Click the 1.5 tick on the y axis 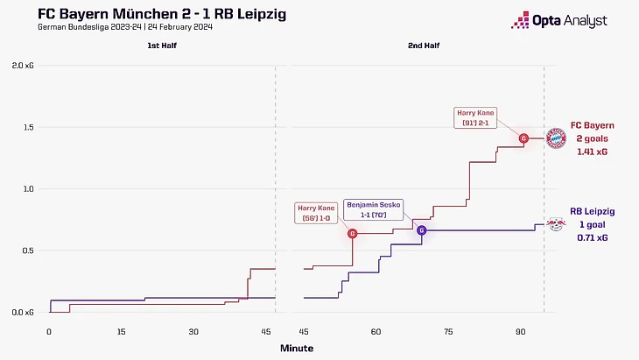(x=30, y=127)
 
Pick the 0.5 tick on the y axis (x=30, y=251)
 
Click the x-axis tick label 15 (x=122, y=332)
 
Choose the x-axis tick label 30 (x=194, y=332)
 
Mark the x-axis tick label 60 (x=376, y=332)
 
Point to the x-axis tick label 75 (x=448, y=332)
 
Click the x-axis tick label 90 (x=520, y=332)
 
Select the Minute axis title (x=296, y=348)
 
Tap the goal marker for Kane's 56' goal (x=353, y=234)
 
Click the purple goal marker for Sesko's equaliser (x=421, y=230)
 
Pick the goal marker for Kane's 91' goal (x=523, y=138)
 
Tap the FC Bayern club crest (x=556, y=138)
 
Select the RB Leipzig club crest (x=556, y=224)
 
